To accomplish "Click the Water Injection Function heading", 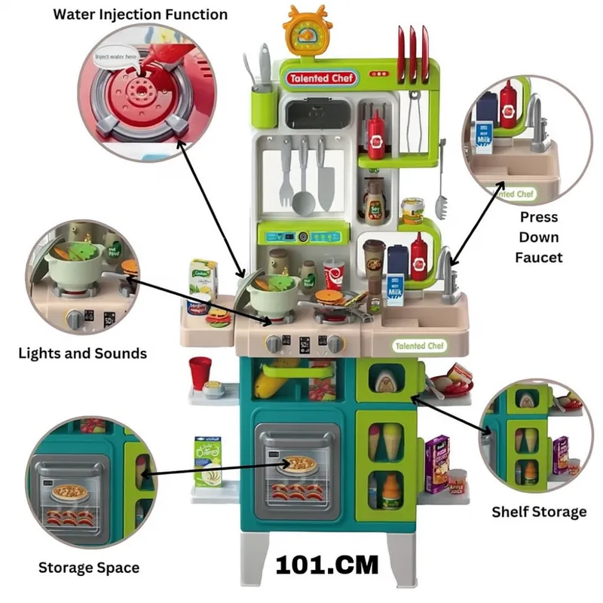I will [x=139, y=14].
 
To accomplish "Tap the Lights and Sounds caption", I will [x=82, y=353].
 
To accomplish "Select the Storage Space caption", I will [x=89, y=568].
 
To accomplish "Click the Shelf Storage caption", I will [x=539, y=512].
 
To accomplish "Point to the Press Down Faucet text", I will [x=539, y=237].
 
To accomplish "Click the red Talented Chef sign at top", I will [x=320, y=78].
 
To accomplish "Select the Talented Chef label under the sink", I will [x=421, y=346].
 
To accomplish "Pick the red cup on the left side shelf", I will [x=200, y=373].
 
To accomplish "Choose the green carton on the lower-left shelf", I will [x=205, y=461].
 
